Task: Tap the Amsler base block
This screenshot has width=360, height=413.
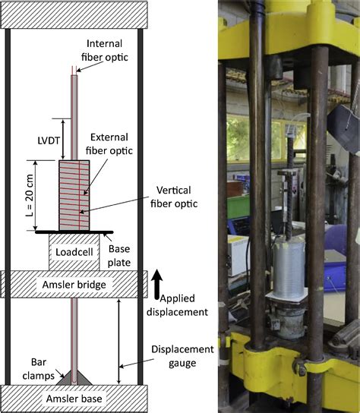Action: point(74,399)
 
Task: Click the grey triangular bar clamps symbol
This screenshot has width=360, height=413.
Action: point(74,377)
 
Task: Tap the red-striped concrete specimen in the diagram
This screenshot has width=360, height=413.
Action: point(74,194)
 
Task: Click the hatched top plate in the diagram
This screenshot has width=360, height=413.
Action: point(74,13)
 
